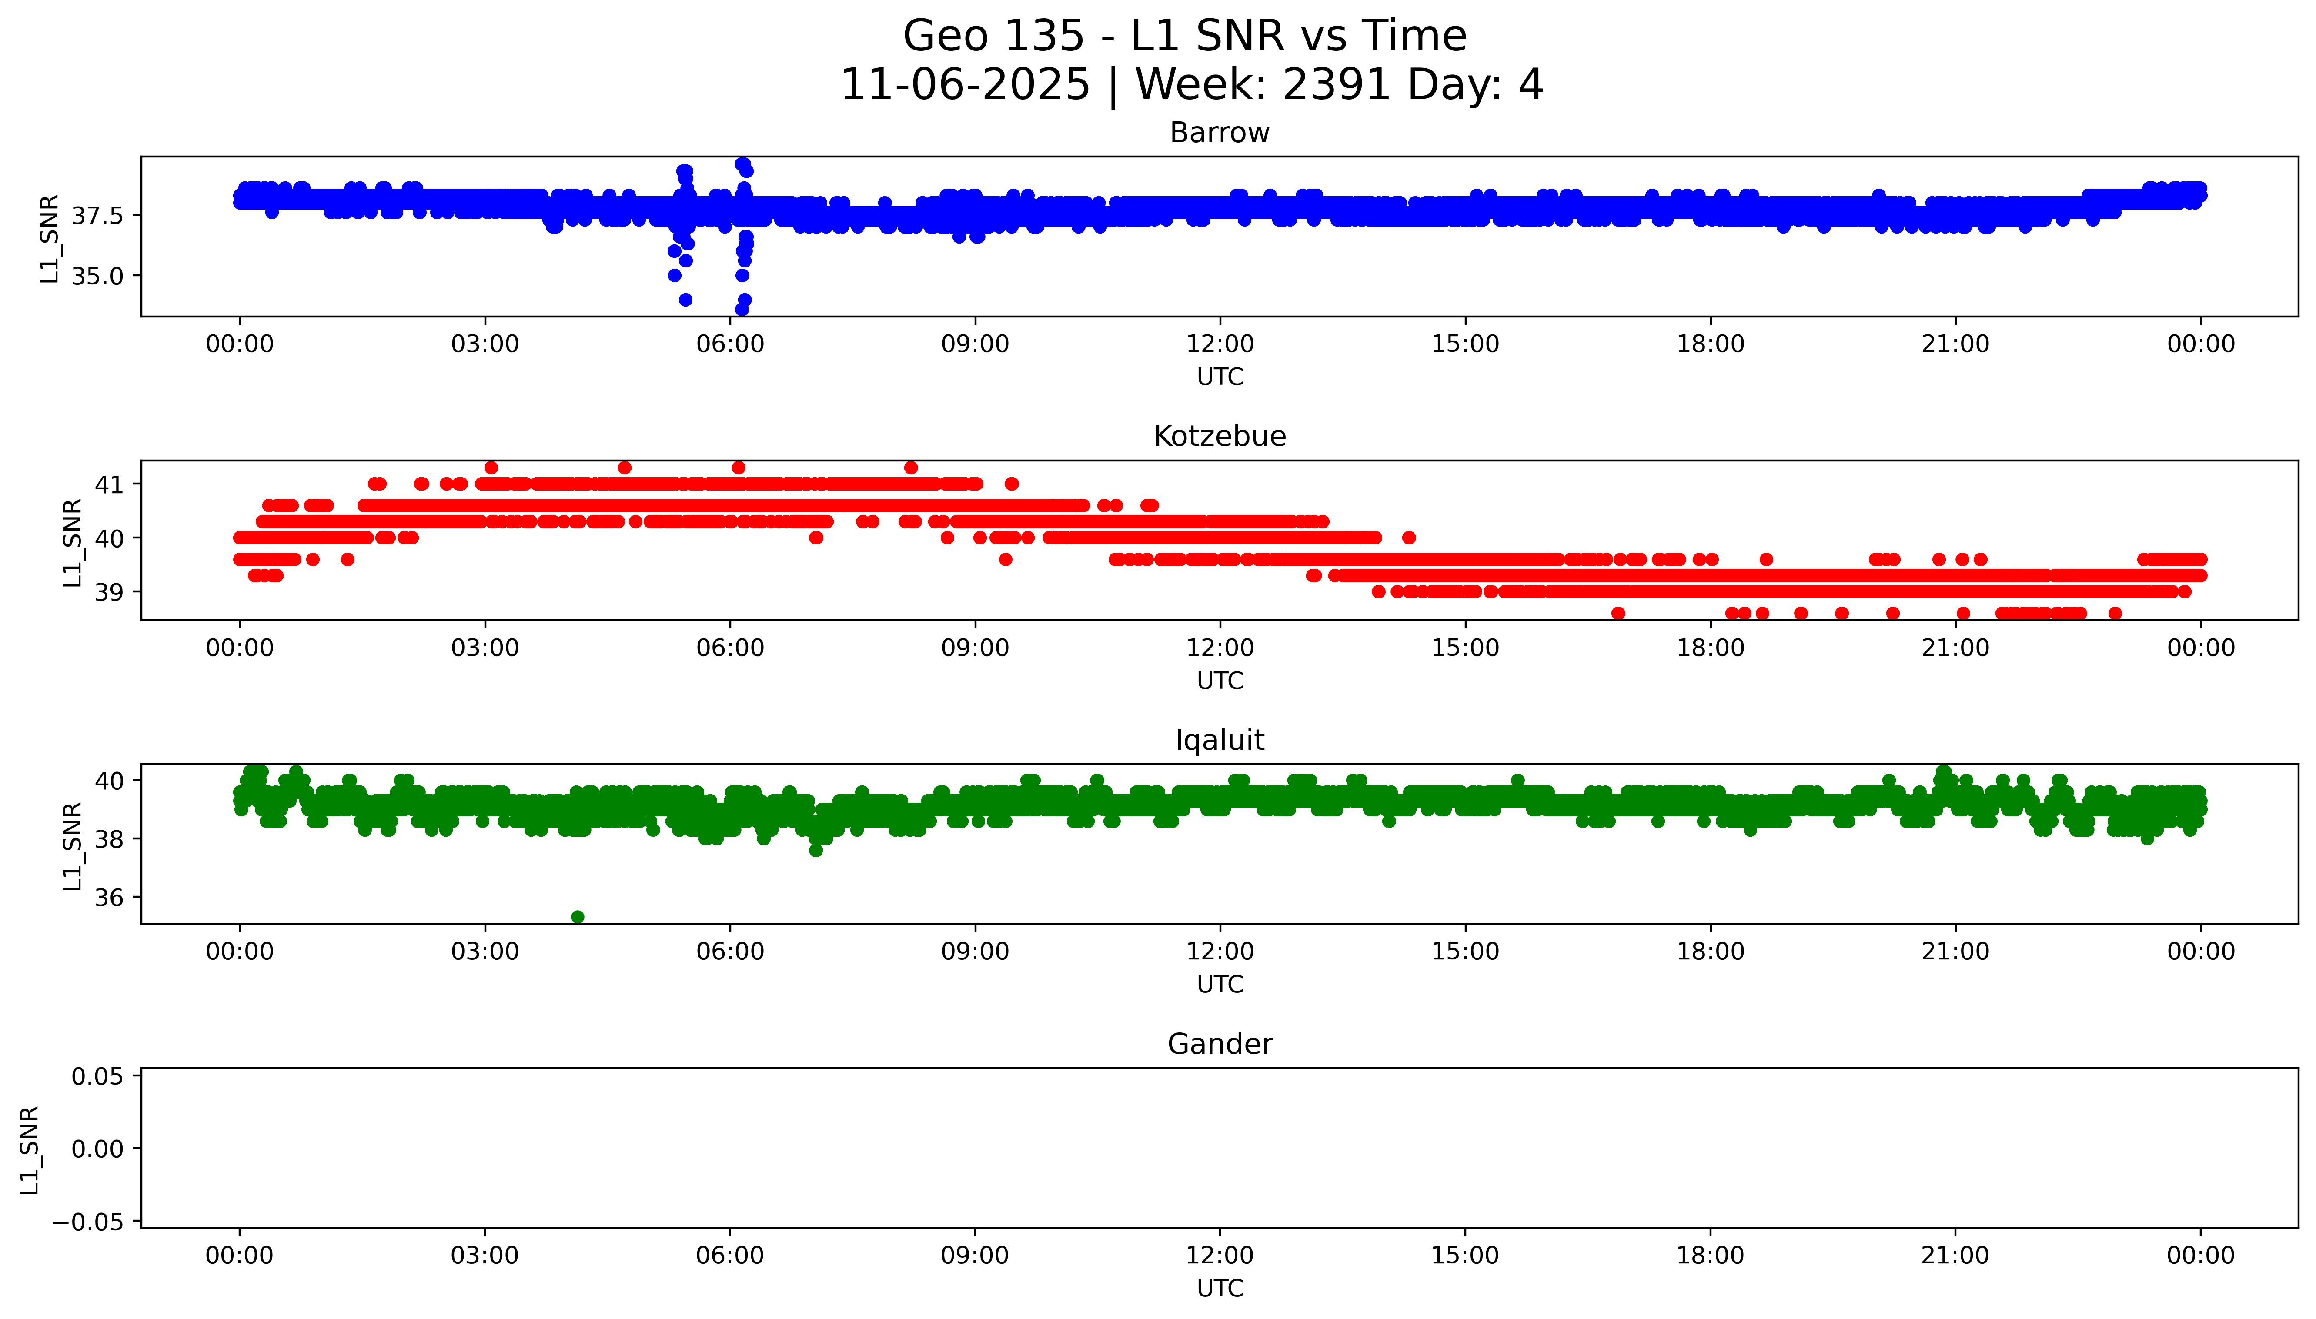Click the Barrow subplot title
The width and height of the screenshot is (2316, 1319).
pyautogui.click(x=1219, y=133)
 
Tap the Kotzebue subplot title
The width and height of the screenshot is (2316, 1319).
pyautogui.click(x=1219, y=437)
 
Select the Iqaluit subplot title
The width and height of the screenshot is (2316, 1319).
pyautogui.click(x=1219, y=740)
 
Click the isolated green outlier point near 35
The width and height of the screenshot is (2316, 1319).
pyautogui.click(x=578, y=917)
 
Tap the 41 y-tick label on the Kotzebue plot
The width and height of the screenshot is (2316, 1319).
pyautogui.click(x=110, y=484)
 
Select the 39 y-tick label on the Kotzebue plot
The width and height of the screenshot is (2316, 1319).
pyautogui.click(x=110, y=591)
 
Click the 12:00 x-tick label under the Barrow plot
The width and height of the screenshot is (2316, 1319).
pyautogui.click(x=1219, y=344)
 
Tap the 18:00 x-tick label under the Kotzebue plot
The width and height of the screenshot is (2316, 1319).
pyautogui.click(x=1710, y=648)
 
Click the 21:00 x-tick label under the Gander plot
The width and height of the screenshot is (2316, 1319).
pyautogui.click(x=1955, y=1256)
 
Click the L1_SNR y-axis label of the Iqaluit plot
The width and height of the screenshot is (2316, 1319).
pyautogui.click(x=73, y=845)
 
